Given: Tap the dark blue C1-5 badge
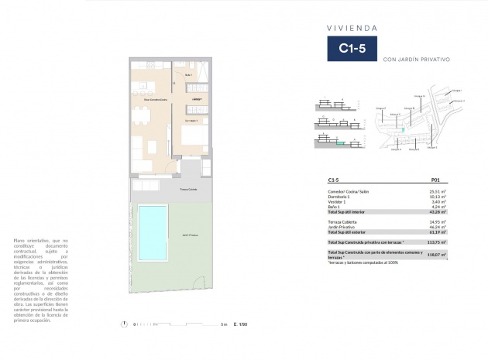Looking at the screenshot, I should pyautogui.click(x=352, y=48).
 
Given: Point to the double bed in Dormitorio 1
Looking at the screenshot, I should pyautogui.click(x=195, y=138).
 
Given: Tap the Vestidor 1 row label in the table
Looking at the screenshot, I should pyautogui.click(x=339, y=201).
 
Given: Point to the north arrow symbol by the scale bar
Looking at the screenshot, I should pyautogui.click(x=125, y=324).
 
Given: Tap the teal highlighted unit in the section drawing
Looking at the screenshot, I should pyautogui.click(x=339, y=143).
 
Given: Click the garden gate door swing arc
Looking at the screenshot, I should pyautogui.click(x=190, y=165).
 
